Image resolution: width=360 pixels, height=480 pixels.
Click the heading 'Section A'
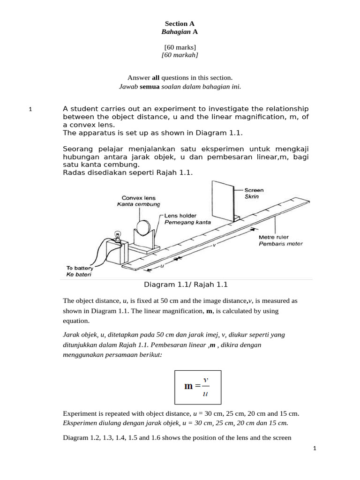coord(180,23)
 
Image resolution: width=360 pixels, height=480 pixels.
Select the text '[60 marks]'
coord(180,47)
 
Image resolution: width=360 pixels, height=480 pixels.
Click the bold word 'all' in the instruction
coord(156,77)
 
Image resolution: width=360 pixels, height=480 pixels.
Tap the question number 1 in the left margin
coord(30,109)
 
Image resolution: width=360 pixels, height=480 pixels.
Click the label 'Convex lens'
coord(138,198)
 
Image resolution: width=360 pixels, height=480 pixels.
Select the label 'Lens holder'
coord(180,216)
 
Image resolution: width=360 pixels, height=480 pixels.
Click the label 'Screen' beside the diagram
coord(254,190)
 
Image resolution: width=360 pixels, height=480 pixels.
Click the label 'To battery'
coord(80,268)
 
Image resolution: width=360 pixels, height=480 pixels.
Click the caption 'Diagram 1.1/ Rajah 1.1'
coord(186,285)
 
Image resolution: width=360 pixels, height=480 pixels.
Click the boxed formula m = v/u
coord(198,387)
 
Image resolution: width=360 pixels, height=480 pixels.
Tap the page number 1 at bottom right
coord(315,449)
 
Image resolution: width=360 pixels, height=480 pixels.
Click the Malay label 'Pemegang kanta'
coord(187,222)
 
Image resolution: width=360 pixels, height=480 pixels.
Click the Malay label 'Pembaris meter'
coord(281,244)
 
